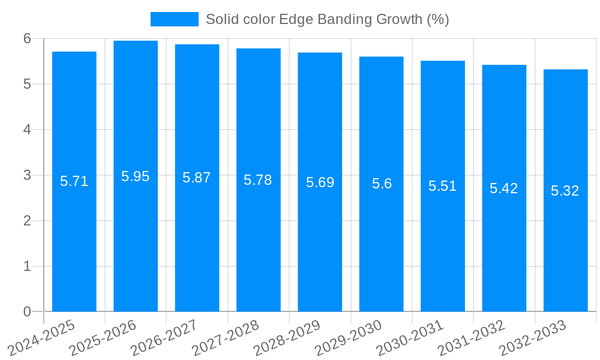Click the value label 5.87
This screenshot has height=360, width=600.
click(x=197, y=178)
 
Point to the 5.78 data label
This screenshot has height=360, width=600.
click(x=258, y=180)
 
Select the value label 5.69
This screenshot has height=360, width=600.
click(x=320, y=182)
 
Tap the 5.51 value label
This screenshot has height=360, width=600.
click(x=443, y=186)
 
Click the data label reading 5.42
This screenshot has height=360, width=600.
click(x=504, y=188)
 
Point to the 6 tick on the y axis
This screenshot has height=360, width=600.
click(x=28, y=38)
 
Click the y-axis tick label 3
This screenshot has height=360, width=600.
click(x=28, y=175)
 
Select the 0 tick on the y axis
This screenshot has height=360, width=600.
click(x=28, y=312)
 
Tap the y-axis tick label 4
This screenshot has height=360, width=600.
click(x=28, y=130)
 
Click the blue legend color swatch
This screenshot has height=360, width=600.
click(x=174, y=19)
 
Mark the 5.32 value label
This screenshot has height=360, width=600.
click(x=565, y=191)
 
